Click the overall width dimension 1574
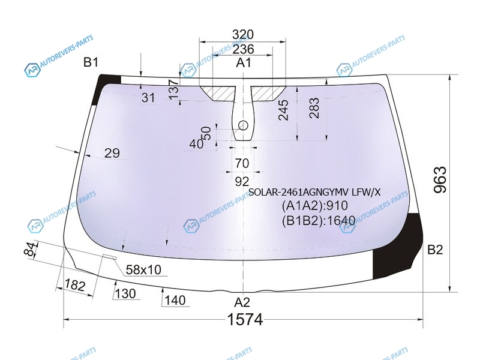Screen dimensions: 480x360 tap(245, 320)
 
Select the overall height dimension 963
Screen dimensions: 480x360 tap(440, 179)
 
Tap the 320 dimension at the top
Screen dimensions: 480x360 tap(243, 34)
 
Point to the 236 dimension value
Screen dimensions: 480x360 tap(243, 49)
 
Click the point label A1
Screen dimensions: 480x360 tap(244, 63)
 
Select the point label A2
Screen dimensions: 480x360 tap(242, 302)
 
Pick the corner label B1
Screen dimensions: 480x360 tap(91, 62)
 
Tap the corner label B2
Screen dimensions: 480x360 tap(435, 250)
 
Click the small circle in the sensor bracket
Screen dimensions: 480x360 tap(243, 125)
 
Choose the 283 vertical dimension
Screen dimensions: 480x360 tap(314, 108)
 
